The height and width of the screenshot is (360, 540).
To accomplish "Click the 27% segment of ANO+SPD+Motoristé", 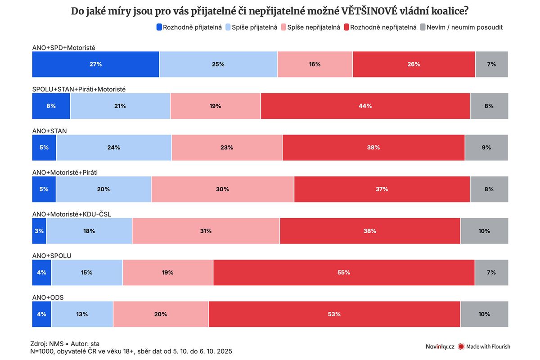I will point(95,64).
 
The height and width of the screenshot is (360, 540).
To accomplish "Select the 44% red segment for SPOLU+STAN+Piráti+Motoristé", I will point(365,106).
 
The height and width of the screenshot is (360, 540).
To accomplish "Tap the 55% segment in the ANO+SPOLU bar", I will point(344,272).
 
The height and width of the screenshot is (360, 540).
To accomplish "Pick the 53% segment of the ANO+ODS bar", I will point(334,314).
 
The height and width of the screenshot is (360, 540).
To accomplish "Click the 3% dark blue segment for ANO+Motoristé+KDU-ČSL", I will point(39,231).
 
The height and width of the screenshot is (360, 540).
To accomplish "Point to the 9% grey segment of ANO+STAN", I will point(486,148).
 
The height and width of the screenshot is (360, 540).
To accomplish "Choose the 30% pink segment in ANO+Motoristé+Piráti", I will point(222,189).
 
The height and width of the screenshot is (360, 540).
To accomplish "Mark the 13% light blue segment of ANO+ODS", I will point(82,314).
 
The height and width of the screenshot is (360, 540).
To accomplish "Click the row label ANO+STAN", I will point(49,131).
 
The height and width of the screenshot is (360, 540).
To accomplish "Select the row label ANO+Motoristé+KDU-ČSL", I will point(72,214).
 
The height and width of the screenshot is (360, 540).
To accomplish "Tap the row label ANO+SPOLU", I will point(52,256).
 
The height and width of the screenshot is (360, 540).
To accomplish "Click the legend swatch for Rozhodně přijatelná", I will point(159,27).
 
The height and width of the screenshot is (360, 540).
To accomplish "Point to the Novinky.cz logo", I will point(440,346).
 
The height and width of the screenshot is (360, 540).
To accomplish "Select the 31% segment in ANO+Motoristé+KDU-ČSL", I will point(206,231).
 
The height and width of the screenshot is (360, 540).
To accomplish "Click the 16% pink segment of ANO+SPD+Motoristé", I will point(315,64).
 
